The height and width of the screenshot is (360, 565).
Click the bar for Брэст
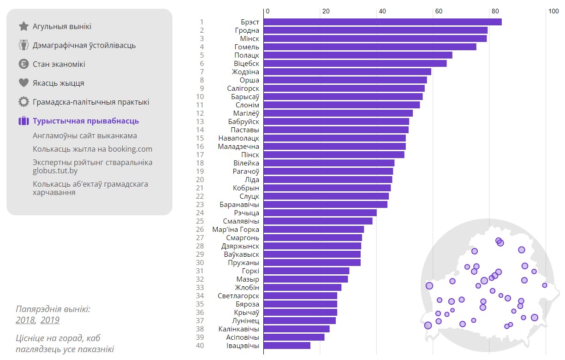382,22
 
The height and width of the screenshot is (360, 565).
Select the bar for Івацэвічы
287,346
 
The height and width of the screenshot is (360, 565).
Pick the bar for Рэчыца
320,213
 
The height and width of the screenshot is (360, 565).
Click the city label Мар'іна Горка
236,230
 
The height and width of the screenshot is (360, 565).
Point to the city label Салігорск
243,89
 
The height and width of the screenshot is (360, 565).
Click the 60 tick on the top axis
439,11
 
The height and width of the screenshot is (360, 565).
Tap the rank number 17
200,155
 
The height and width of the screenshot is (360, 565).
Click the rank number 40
200,346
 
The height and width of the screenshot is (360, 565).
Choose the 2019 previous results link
50,320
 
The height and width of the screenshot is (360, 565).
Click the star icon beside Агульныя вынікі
24,26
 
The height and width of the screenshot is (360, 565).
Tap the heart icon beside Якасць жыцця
24,83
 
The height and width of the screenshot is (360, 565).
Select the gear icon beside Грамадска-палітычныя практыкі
24,102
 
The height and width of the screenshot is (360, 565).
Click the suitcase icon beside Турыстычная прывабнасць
24,121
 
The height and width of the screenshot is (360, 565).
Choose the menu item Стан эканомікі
59,64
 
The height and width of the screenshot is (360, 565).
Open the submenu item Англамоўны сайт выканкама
85,136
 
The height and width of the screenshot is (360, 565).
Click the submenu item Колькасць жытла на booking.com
92,149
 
